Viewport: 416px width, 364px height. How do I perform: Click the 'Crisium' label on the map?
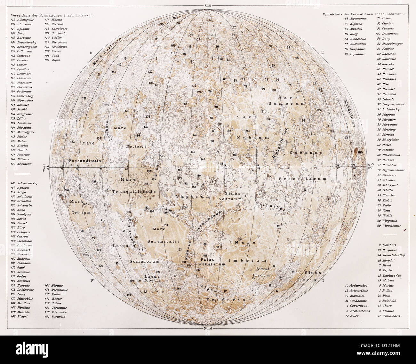pyautogui.click(x=81, y=212)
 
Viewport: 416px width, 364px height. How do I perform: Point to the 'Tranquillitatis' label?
pyautogui.click(x=134, y=191)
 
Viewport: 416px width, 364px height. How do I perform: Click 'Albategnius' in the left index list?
pyautogui.click(x=22, y=20)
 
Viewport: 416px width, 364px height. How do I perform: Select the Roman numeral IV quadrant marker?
pyautogui.click(x=92, y=281)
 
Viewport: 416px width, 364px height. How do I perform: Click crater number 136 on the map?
pyautogui.click(x=138, y=136)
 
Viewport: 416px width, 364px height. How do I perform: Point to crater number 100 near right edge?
pyautogui.click(x=360, y=153)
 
